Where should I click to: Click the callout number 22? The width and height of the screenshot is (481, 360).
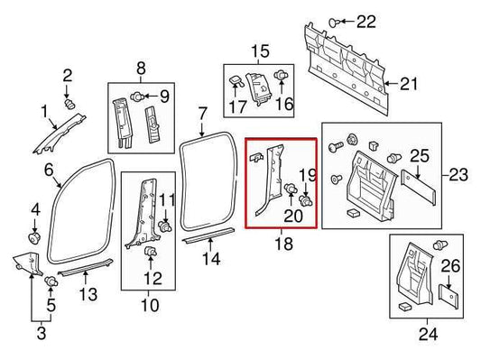click(x=368, y=21)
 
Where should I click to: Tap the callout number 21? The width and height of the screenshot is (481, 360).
click(x=410, y=86)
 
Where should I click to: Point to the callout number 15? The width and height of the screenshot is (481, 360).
click(x=260, y=51)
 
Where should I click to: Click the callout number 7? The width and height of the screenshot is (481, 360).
click(x=203, y=114)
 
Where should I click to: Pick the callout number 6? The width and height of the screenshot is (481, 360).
click(x=48, y=170)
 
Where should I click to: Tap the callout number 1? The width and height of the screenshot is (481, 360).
click(x=42, y=112)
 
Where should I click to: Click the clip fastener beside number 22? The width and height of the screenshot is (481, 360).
click(x=335, y=20)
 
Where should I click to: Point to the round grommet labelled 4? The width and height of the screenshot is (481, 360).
click(x=35, y=239)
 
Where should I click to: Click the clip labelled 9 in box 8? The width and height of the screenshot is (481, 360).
click(x=136, y=96)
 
